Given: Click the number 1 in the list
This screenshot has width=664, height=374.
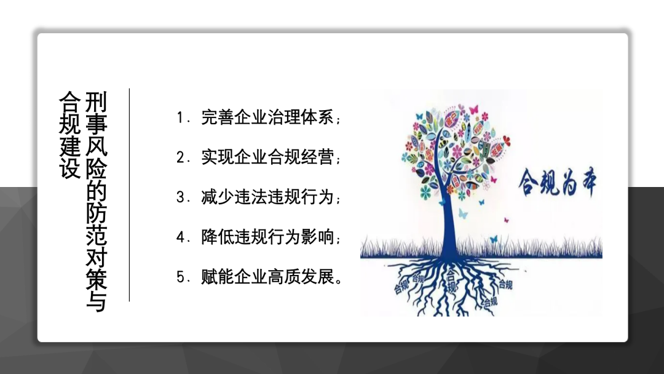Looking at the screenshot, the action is click(180, 117).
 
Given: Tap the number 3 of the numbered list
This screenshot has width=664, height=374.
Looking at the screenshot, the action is click(180, 197).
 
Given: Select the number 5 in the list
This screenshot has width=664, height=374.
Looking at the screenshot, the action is click(180, 277).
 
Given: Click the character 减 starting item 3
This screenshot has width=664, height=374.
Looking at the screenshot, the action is click(209, 197).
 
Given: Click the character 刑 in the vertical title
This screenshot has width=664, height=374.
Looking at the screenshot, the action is click(97, 101).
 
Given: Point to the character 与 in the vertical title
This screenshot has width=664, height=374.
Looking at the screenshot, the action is click(97, 301).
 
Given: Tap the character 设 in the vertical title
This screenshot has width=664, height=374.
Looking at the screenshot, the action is click(70, 168).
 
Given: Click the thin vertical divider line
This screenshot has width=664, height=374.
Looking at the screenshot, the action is click(129, 195).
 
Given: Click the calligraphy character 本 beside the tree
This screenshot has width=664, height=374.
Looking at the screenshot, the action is click(586, 183).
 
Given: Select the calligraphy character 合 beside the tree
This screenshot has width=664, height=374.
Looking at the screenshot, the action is click(529, 182).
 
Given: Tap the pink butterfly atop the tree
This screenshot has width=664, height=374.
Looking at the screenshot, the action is click(473, 109).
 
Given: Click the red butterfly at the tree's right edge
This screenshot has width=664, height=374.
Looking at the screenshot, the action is click(506, 141).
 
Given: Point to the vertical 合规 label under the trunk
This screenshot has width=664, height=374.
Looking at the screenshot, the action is click(451, 280).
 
